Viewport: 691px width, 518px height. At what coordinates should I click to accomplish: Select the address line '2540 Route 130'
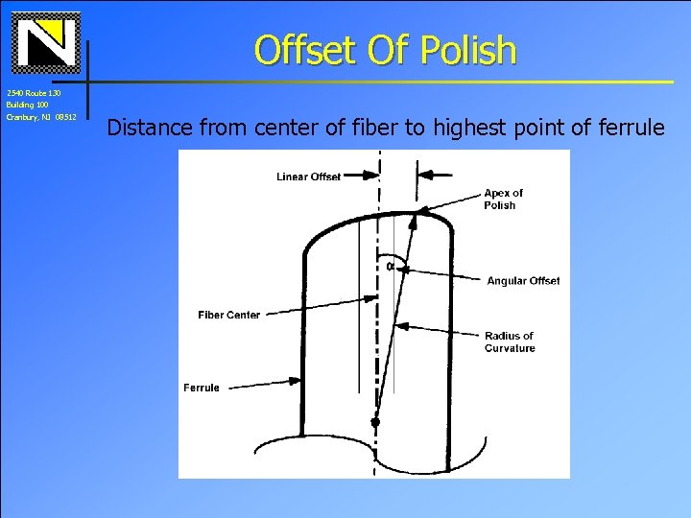tap(34, 93)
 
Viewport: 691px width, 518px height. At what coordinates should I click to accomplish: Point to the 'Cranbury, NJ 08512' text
tap(41, 117)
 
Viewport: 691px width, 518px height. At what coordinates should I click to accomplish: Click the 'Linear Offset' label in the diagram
tap(308, 177)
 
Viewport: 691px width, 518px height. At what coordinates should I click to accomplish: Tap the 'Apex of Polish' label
tap(503, 199)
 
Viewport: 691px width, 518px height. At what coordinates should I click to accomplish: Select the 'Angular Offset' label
tap(523, 281)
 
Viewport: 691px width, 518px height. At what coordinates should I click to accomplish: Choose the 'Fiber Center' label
tap(228, 315)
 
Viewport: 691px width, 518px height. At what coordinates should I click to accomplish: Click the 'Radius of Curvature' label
tap(509, 341)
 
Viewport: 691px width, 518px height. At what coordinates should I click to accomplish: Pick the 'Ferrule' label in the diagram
tap(202, 388)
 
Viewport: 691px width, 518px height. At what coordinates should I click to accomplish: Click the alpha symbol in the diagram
tap(391, 266)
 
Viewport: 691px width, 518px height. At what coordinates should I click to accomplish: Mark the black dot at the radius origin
tap(375, 421)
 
